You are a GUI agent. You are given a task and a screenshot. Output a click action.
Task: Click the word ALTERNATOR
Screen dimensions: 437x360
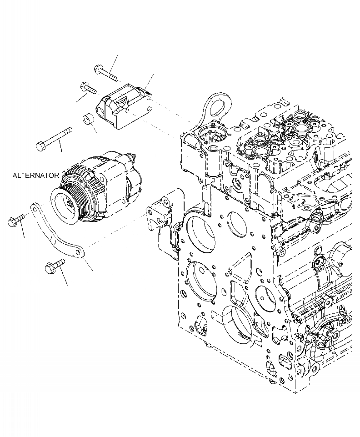coord(35,175)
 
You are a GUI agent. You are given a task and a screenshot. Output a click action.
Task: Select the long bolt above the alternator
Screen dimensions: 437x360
coord(54,138)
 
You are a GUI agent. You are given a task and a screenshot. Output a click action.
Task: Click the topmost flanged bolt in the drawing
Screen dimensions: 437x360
coord(105,72)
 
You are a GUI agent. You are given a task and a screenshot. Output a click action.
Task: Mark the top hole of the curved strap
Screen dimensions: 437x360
coord(34,207)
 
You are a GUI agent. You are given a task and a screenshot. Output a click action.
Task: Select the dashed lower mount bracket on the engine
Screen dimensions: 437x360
coord(161,223)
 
